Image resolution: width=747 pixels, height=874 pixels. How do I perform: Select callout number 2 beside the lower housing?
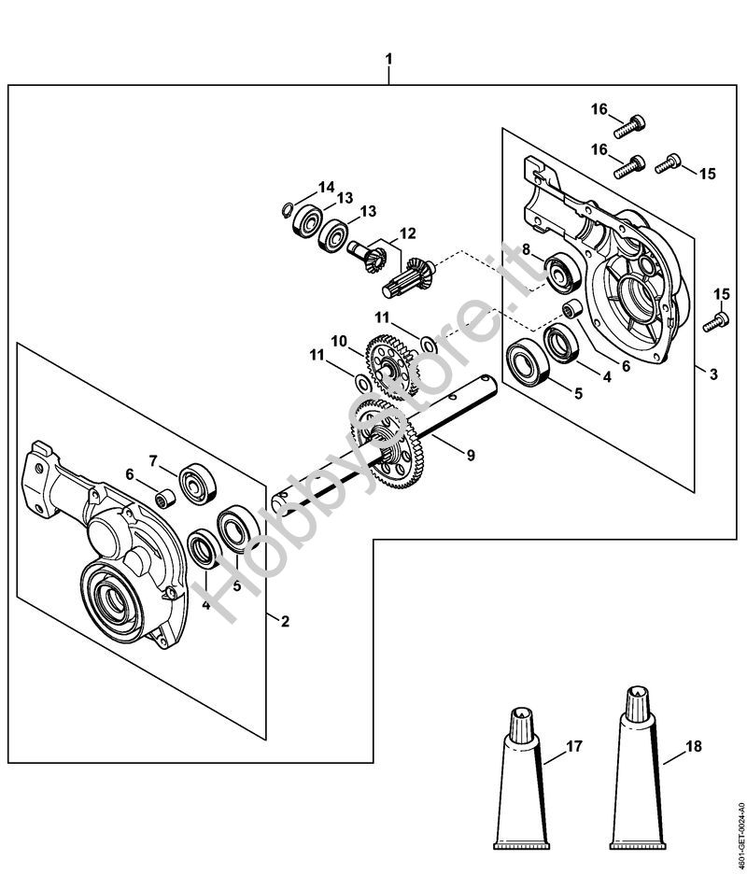pos(286,620)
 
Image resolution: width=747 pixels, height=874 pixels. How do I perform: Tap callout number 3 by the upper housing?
pos(713,375)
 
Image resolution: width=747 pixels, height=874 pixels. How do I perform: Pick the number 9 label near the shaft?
pos(471,455)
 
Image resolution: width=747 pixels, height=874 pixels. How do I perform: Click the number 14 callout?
pos(325,187)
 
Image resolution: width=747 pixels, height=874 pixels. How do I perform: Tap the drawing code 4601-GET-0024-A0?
pos(740,821)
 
